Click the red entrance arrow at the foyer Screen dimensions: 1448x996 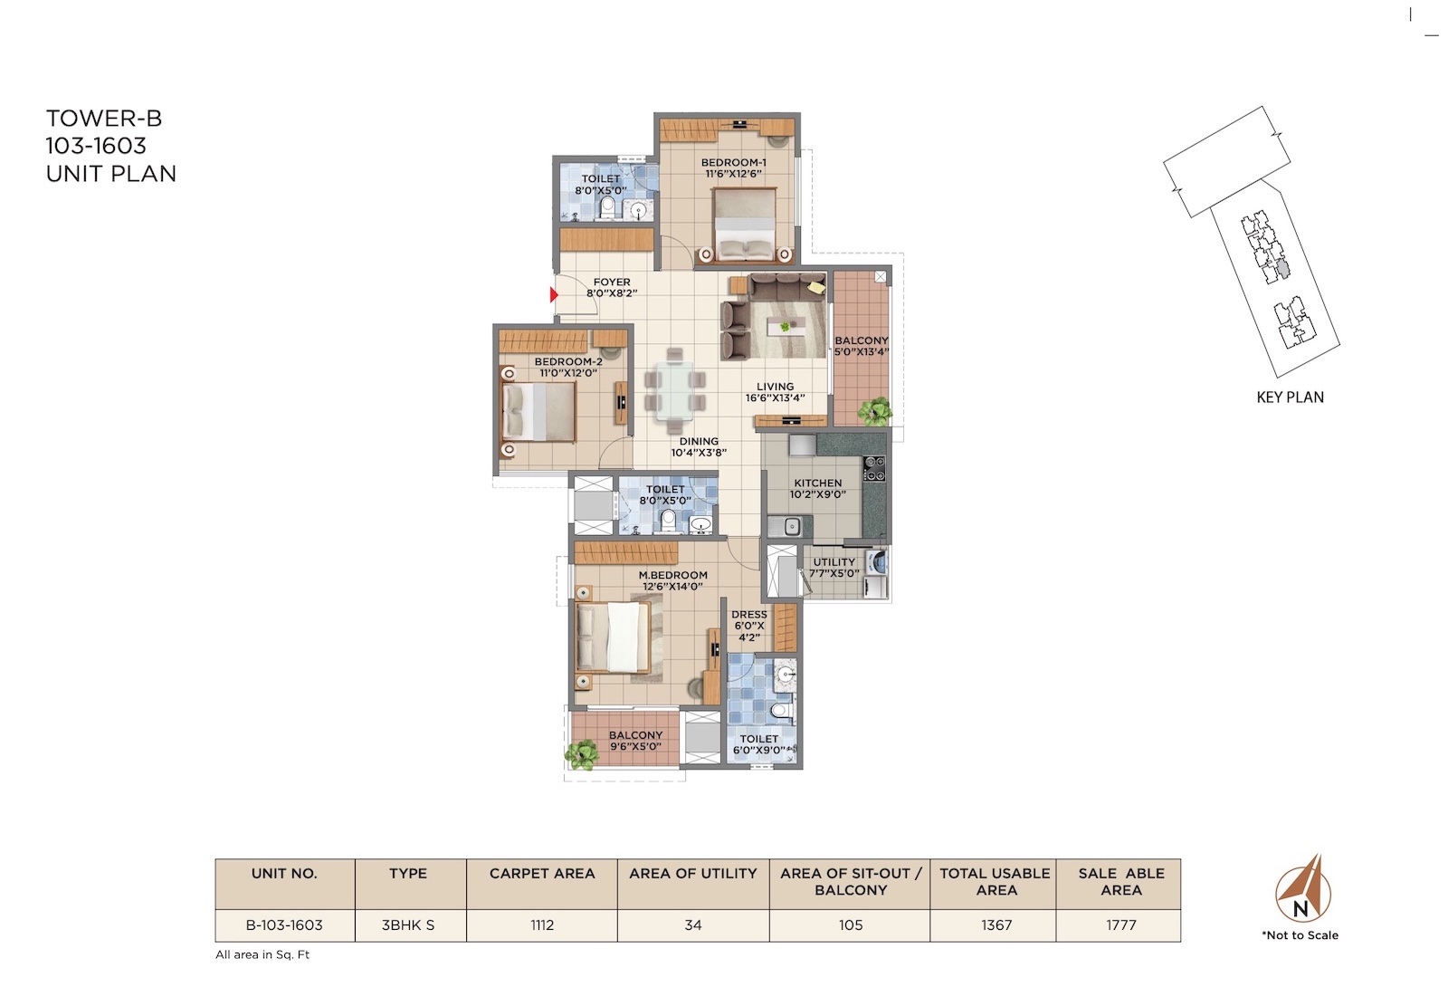tap(553, 295)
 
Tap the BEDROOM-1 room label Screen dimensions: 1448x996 tap(734, 162)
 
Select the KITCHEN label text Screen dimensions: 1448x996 tap(818, 484)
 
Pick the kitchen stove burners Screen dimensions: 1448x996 tap(874, 468)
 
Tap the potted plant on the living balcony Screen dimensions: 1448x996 tap(875, 411)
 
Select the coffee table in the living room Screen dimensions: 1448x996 tap(786, 327)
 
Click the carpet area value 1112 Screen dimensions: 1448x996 tap(542, 925)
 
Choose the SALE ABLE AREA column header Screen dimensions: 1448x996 tap(1121, 882)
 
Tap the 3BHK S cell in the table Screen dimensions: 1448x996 tap(408, 925)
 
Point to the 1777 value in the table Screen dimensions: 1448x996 tap(1121, 925)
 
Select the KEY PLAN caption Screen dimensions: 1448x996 tap(1290, 397)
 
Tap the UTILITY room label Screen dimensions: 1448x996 tap(834, 562)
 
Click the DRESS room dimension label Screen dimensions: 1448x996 tap(749, 626)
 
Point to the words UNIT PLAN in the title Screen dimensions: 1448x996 tap(110, 174)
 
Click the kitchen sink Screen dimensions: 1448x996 tap(788, 527)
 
